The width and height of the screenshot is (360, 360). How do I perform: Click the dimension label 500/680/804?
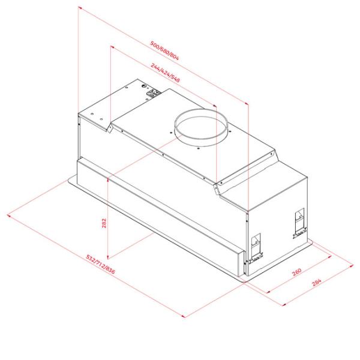[x=164, y=50]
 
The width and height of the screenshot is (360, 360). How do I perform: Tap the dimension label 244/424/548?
[x=166, y=73]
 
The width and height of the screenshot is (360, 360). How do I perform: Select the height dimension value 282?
[x=104, y=223]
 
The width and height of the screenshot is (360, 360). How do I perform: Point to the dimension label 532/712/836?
[x=100, y=264]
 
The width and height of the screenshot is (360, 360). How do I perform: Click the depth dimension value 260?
[x=296, y=272]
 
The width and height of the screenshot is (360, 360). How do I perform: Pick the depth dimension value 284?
[x=317, y=282]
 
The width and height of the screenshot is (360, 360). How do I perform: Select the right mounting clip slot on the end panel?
[x=300, y=223]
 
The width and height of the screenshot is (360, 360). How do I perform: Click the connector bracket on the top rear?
[x=154, y=93]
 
